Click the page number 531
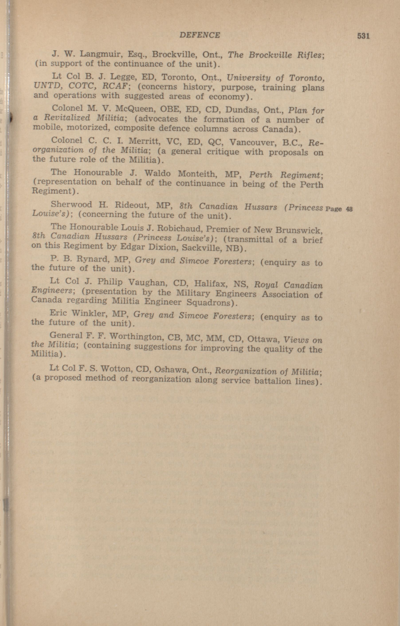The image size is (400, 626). (x=363, y=36)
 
